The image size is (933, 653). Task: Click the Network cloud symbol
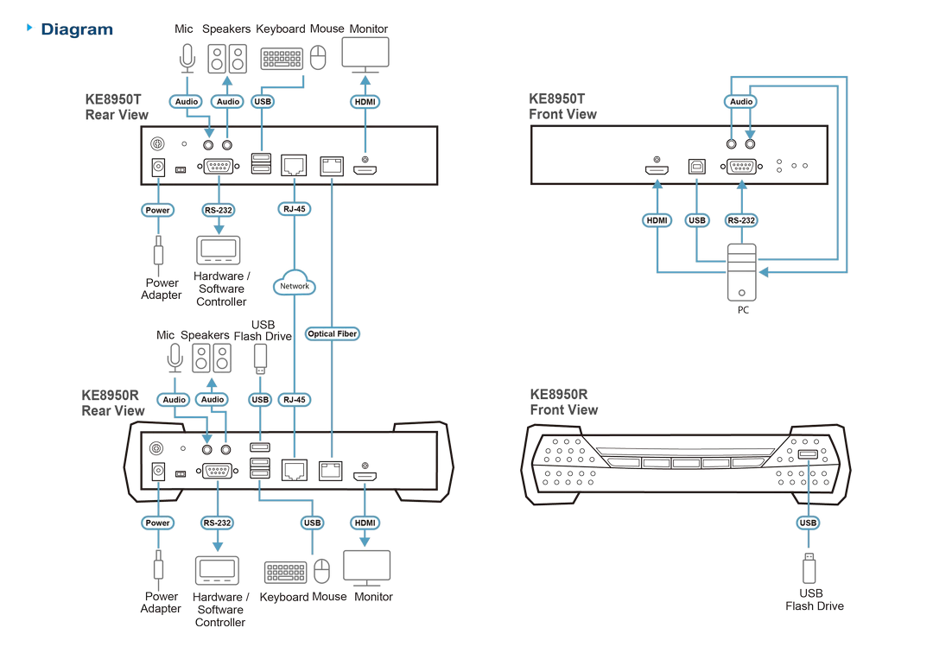click(294, 283)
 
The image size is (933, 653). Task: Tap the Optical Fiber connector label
click(332, 333)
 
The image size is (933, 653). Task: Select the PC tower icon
click(742, 272)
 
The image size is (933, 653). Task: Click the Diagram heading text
click(77, 29)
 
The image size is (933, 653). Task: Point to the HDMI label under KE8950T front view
click(657, 220)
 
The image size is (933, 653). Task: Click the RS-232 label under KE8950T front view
click(741, 220)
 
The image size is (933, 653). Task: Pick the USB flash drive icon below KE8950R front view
click(809, 568)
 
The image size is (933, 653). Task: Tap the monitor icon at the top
click(365, 54)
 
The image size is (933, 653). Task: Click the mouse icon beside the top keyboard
click(318, 58)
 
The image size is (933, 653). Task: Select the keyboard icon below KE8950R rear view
click(286, 572)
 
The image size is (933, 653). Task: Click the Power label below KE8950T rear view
click(158, 210)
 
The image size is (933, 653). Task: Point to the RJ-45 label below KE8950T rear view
click(295, 209)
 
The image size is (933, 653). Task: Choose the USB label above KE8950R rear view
click(260, 400)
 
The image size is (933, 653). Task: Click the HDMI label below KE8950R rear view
click(365, 523)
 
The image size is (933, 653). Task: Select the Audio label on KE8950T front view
click(741, 102)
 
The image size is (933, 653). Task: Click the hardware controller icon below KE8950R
click(217, 571)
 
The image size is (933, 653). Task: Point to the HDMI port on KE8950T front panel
click(657, 169)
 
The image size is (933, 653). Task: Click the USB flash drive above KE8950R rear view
click(260, 358)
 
